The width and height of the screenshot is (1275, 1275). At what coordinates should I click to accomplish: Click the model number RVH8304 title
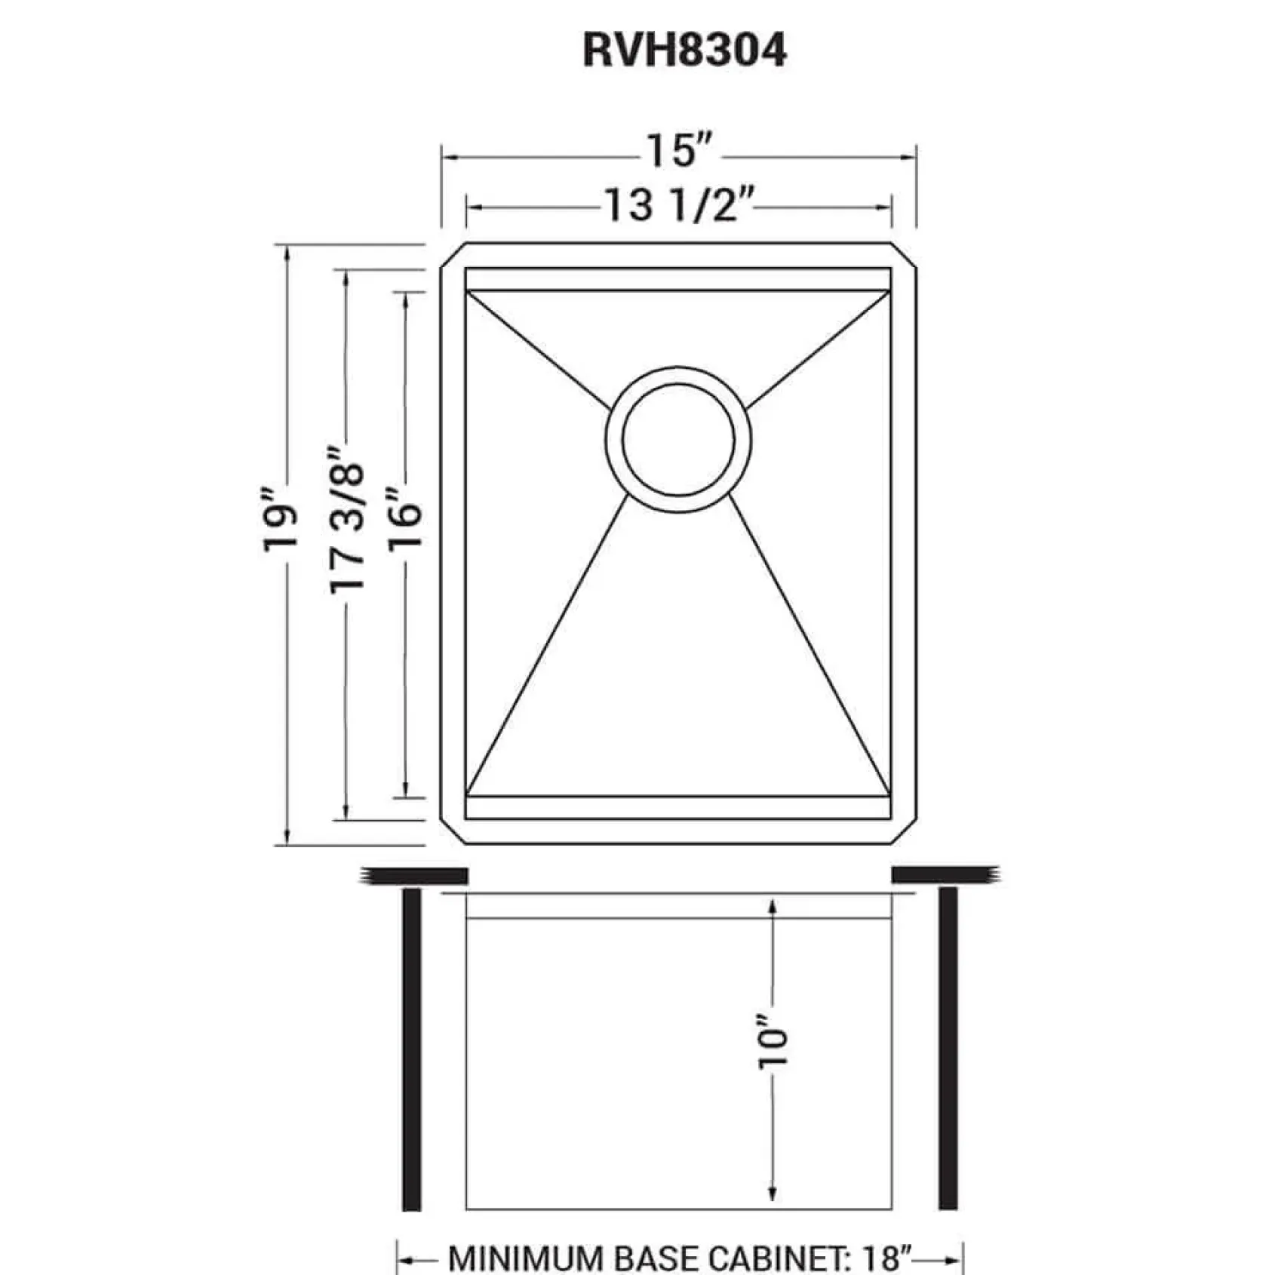click(x=684, y=51)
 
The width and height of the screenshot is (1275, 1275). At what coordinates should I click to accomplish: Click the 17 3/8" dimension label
click(x=348, y=521)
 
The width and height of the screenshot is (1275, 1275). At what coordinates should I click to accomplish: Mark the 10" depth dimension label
click(x=773, y=1045)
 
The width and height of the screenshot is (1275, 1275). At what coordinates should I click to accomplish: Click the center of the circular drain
click(x=678, y=439)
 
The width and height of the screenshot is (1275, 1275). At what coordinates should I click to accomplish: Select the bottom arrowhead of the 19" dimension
click(x=287, y=836)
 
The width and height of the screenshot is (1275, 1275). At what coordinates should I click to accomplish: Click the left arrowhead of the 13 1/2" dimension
click(x=476, y=207)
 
